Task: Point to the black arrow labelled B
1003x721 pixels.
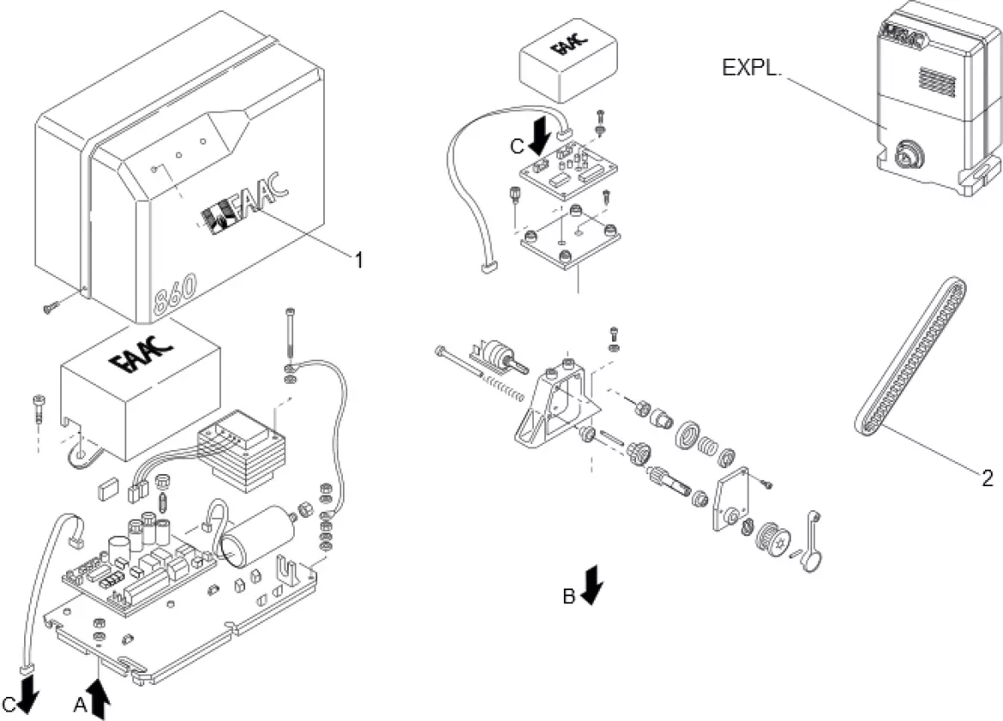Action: pos(592,586)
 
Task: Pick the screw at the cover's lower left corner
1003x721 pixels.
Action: pos(52,302)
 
